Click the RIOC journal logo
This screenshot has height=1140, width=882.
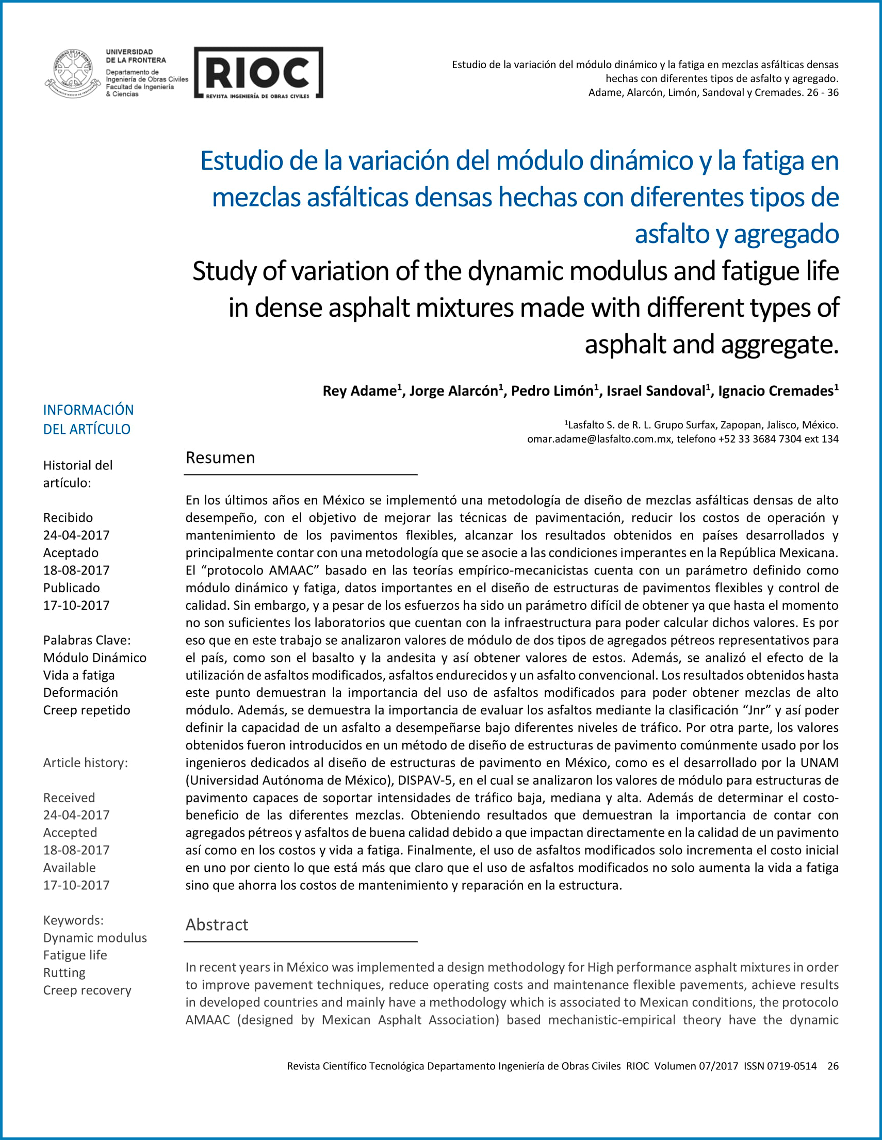258,73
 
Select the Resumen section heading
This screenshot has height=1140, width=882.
220,458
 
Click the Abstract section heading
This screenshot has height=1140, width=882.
217,924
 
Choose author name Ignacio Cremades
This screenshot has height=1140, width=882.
776,391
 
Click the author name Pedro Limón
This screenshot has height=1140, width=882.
552,391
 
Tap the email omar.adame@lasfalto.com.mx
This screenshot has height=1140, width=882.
599,439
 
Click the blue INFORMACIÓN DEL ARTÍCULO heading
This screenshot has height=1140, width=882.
88,419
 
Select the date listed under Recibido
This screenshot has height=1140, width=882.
76,535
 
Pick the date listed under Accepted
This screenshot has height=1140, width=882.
76,850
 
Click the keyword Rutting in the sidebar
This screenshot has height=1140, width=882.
64,972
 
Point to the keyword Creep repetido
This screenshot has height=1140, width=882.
87,710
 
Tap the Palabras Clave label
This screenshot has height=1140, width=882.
87,640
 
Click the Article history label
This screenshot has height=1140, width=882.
85,762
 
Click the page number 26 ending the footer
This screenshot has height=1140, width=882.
832,1066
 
